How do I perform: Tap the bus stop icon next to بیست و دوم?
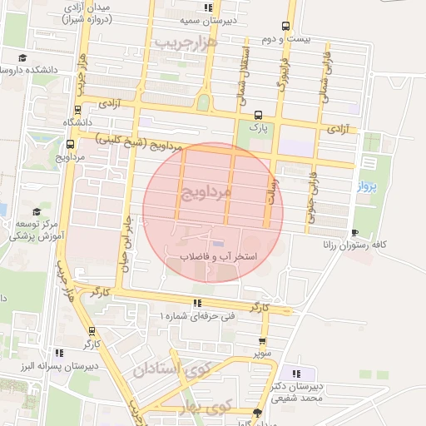tap(286, 26)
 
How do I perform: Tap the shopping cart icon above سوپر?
tap(263, 341)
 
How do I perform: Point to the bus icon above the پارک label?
tap(259, 116)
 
